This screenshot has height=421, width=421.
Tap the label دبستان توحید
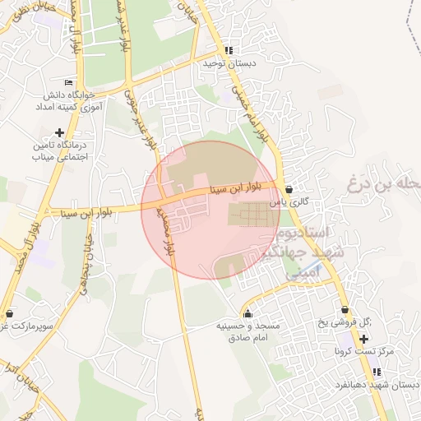(231, 63)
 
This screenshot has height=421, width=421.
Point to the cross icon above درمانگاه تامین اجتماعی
(58, 132)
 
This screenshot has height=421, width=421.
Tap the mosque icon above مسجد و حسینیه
(248, 313)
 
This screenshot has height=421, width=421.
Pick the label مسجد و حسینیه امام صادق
(248, 332)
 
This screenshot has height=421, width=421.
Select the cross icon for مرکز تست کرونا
(364, 339)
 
